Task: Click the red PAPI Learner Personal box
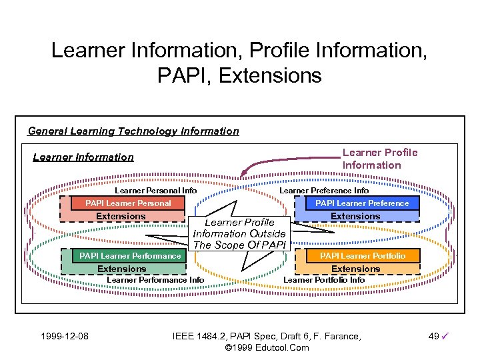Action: [128, 203]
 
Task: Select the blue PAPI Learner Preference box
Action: [362, 203]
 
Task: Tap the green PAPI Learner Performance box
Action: [130, 256]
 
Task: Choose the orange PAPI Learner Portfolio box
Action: [362, 256]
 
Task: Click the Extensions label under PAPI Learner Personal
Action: [121, 216]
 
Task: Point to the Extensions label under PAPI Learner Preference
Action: [355, 216]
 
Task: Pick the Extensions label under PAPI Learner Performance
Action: [121, 269]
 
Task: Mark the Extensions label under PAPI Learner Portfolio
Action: [355, 269]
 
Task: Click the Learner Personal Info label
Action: [156, 191]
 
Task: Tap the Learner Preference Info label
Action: [324, 191]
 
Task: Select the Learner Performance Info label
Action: [155, 280]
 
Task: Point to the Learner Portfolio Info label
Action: [325, 280]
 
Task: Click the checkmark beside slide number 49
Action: [445, 337]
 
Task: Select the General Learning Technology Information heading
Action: [133, 131]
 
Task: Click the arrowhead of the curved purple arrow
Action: [245, 174]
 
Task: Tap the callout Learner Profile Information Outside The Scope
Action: [239, 233]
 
